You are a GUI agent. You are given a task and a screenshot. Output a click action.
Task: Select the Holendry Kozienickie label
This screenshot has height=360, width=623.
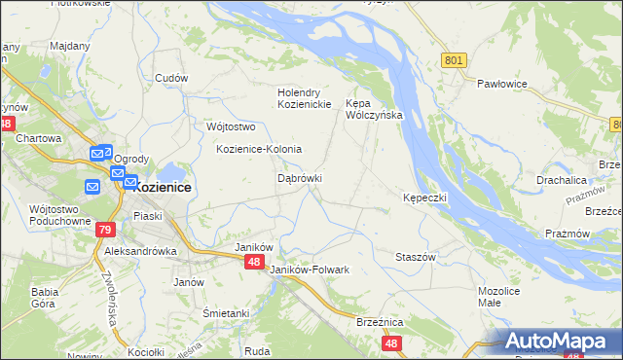pyautogui.click(x=305, y=98)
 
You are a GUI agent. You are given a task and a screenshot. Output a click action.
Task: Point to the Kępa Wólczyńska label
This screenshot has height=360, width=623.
pyautogui.click(x=375, y=108)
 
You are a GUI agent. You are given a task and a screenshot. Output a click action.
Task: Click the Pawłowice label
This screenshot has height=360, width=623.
pyautogui.click(x=501, y=85)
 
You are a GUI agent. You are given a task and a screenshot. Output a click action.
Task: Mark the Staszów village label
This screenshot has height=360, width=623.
pyautogui.click(x=415, y=256)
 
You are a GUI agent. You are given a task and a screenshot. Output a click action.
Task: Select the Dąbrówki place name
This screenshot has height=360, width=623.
pyautogui.click(x=300, y=179)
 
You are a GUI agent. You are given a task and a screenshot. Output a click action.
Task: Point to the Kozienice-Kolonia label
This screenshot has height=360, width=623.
pyautogui.click(x=259, y=149)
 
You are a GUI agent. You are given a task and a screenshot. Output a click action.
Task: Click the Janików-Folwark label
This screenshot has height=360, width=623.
pyautogui.click(x=309, y=269)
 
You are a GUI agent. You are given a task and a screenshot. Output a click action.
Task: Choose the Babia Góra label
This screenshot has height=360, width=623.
pyautogui.click(x=45, y=297)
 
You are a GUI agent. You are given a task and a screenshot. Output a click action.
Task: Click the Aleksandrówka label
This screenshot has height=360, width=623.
pyautogui.click(x=140, y=250)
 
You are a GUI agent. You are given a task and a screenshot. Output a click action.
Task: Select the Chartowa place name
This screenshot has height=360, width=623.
pyautogui.click(x=39, y=138)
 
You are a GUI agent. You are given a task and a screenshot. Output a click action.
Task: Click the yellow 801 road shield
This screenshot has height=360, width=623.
pyautogui.click(x=454, y=60)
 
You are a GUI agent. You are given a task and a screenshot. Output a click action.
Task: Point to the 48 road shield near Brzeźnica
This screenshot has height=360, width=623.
pyautogui.click(x=391, y=343)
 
